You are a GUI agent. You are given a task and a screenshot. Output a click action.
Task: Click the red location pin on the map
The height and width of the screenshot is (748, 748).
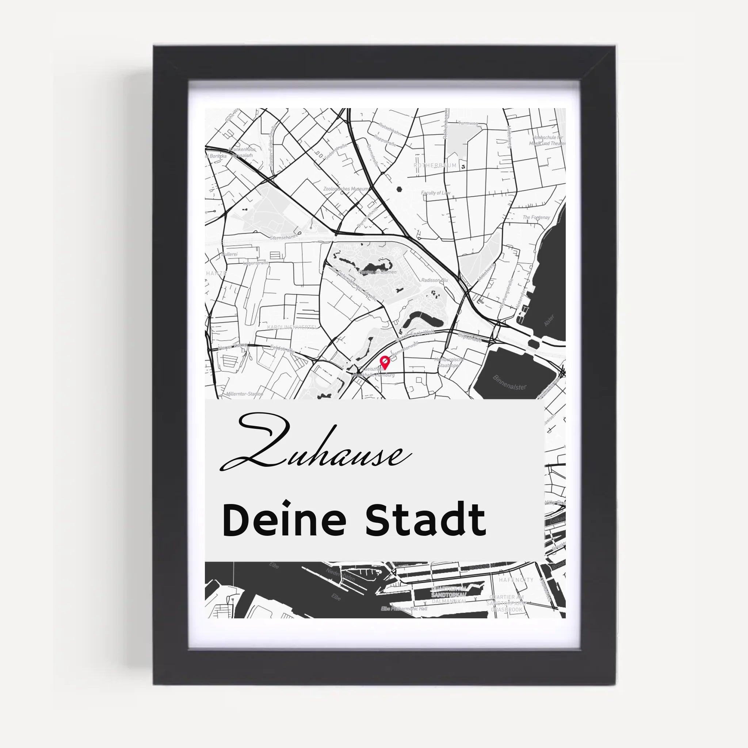pos(385,362)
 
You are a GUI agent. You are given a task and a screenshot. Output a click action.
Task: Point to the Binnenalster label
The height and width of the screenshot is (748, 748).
pos(510,382)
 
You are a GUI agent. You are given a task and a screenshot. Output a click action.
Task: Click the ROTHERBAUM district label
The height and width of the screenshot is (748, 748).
pos(435,165)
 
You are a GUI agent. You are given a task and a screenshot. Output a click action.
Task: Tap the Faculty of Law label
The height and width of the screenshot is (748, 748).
pos(436,192)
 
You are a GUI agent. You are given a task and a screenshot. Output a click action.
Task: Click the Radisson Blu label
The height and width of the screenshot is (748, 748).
pos(434,280)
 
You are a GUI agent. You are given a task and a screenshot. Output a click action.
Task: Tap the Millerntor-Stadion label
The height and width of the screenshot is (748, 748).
pos(245,394)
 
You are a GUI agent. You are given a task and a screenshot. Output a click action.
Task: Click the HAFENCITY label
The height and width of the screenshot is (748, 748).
pos(516,580)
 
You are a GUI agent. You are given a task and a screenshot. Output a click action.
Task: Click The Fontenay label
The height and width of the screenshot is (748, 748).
pos(536,218)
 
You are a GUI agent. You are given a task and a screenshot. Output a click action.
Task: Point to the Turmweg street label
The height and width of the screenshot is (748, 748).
pos(468,123)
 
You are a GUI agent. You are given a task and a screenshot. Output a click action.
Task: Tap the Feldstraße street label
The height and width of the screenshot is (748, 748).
pos(282,349)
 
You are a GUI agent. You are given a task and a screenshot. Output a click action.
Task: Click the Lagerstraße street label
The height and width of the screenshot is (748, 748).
pos(256,263)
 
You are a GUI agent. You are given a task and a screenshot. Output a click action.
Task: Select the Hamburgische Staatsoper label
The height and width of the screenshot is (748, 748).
pos(449,362)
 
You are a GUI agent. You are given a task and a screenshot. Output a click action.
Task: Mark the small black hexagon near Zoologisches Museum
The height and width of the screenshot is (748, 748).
pos(399,190)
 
